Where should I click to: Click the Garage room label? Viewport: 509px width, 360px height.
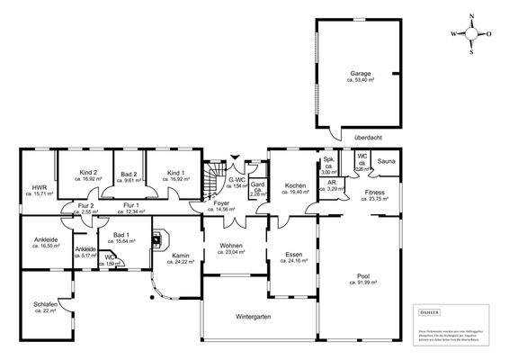pyautogui.click(x=360, y=75)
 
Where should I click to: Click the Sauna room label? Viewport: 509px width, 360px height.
pyautogui.click(x=387, y=162)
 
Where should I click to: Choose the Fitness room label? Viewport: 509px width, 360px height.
pyautogui.click(x=375, y=193)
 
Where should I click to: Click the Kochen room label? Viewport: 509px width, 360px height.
pyautogui.click(x=296, y=186)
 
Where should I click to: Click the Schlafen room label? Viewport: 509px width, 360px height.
pyautogui.click(x=46, y=306)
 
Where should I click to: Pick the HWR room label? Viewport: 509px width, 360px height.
pyautogui.click(x=39, y=187)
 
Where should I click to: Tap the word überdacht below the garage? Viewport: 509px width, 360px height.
pyautogui.click(x=369, y=138)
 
